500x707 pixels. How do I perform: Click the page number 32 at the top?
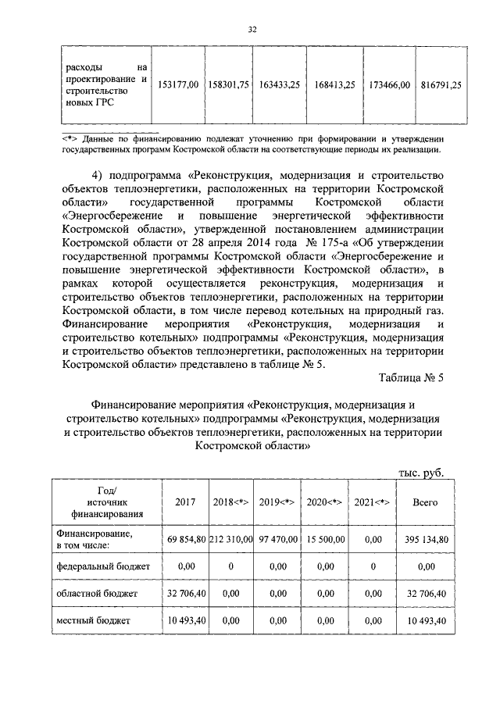tap(252, 30)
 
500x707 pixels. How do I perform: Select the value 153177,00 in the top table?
tap(178, 84)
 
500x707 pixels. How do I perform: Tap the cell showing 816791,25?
tap(438, 84)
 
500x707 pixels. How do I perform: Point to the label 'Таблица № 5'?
tap(410, 377)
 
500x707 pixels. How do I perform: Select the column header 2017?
tap(185, 502)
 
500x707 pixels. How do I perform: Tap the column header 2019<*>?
tap(277, 502)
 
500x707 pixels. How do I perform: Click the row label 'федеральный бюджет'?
tap(96, 565)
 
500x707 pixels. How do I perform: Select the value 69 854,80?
tap(185, 539)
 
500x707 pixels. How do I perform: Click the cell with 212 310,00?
tap(231, 539)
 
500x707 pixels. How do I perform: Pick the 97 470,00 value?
tap(277, 539)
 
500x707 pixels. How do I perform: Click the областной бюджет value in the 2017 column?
tap(185, 593)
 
